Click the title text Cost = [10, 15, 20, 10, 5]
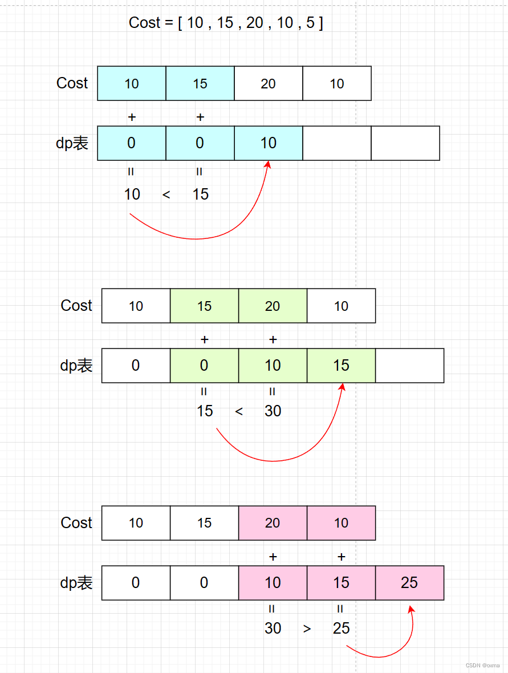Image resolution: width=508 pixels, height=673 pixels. (226, 23)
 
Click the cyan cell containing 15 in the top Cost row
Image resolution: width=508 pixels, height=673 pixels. (200, 84)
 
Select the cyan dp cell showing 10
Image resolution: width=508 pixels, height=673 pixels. (269, 143)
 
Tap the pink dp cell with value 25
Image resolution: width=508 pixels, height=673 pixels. (409, 583)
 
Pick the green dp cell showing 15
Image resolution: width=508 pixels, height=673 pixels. (341, 366)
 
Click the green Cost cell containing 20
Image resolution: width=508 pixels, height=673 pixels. (273, 306)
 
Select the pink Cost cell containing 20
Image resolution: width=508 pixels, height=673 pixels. (273, 523)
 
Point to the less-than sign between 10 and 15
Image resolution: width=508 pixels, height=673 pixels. (166, 195)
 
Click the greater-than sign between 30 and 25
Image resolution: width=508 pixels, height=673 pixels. (307, 629)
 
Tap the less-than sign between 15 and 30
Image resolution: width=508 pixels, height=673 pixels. (239, 412)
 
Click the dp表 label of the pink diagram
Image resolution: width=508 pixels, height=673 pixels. (76, 583)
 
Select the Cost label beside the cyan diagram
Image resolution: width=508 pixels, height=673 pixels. (72, 83)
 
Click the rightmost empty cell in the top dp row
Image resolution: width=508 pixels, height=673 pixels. (405, 143)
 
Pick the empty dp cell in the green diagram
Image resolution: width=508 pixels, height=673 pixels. (409, 366)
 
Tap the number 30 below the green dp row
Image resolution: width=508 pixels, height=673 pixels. (273, 411)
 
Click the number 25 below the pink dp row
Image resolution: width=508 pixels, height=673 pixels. (341, 629)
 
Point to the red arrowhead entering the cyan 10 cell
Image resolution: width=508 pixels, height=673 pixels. (267, 164)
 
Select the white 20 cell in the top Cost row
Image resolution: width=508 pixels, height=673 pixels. (269, 84)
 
